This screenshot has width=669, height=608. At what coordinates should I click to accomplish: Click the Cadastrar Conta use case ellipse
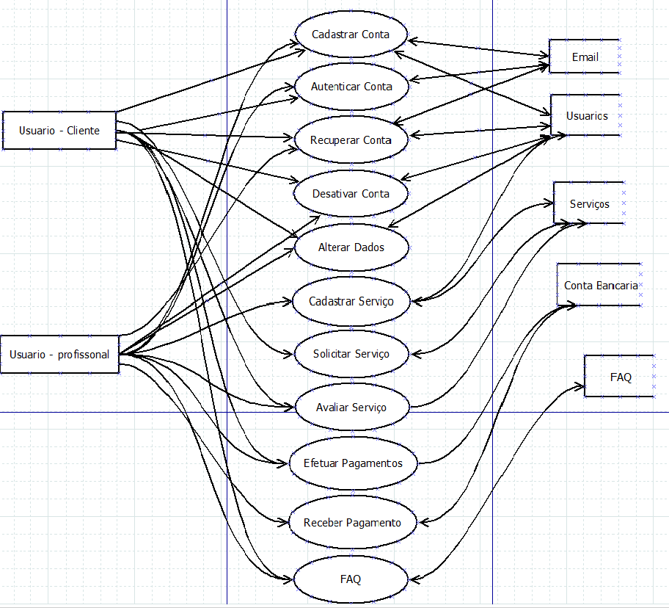351,35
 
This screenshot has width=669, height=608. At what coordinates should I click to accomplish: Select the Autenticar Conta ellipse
351,87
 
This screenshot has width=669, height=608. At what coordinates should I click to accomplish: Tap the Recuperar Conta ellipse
351,140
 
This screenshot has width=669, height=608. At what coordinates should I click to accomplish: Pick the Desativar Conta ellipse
351,194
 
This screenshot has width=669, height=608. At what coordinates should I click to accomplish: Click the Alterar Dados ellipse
351,247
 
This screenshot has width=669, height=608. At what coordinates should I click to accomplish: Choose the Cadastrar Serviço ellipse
351,301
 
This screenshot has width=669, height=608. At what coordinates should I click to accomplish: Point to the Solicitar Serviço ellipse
351,354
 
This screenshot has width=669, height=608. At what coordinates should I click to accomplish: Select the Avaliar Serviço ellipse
351,408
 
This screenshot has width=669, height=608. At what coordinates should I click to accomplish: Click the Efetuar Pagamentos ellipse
353,463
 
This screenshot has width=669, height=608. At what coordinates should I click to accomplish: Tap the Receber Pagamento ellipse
352,523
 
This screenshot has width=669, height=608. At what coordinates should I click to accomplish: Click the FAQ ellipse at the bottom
351,579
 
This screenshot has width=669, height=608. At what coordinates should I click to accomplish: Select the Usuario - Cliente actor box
59,131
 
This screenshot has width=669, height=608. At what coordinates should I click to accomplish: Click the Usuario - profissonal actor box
59,355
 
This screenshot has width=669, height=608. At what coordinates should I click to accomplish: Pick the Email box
585,57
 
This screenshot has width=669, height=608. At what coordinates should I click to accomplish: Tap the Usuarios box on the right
586,116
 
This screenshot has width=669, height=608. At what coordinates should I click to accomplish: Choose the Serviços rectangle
589,204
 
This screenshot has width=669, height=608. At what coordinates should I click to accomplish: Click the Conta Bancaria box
599,285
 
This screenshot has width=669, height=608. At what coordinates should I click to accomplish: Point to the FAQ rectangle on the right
620,377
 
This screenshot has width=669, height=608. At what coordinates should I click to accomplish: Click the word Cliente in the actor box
83,131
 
